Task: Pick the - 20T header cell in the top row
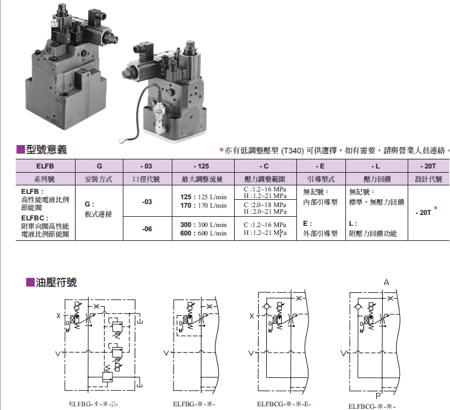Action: [428, 165]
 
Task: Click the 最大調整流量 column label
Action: [203, 179]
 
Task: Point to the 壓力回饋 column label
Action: [376, 179]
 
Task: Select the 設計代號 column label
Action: [428, 179]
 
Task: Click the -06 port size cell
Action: [147, 229]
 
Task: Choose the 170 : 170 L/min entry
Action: [204, 205]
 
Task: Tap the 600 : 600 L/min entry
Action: [204, 233]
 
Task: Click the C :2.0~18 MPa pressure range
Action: [265, 205]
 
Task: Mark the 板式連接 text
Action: [99, 214]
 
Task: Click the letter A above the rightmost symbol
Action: [386, 283]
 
